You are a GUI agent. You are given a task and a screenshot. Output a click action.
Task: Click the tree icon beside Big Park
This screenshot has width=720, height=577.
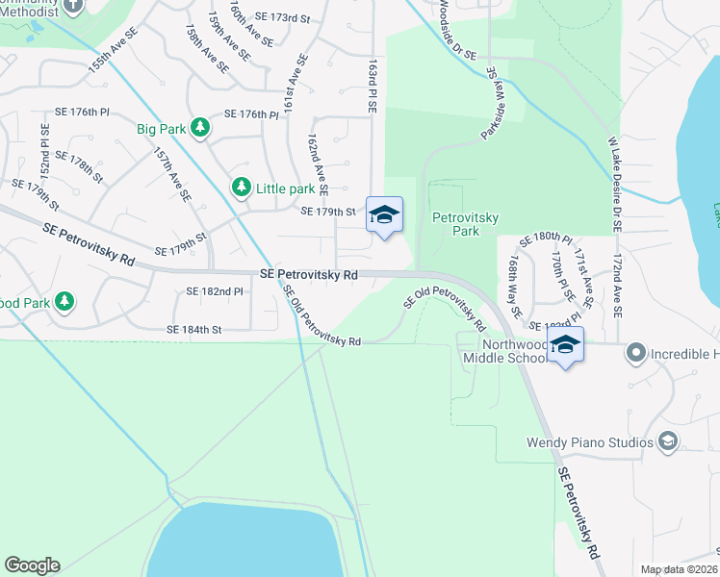(199, 127)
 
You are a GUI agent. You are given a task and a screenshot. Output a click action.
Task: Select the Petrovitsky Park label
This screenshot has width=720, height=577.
(466, 224)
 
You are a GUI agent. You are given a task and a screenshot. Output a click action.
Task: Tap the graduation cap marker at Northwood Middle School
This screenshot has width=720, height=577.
(565, 345)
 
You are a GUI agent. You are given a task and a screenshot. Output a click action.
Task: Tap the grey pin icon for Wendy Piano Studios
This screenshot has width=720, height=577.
(666, 441)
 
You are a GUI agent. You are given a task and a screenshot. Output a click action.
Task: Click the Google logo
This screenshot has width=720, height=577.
(32, 565)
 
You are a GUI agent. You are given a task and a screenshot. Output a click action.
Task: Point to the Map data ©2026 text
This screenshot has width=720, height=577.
(678, 569)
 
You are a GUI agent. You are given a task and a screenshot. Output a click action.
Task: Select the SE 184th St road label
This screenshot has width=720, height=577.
(194, 330)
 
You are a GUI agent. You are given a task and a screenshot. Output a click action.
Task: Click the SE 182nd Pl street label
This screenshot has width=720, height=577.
(201, 291)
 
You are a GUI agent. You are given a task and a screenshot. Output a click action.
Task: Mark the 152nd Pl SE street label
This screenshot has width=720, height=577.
(44, 148)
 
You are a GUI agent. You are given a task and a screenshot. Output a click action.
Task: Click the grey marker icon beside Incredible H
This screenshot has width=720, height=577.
(635, 353)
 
